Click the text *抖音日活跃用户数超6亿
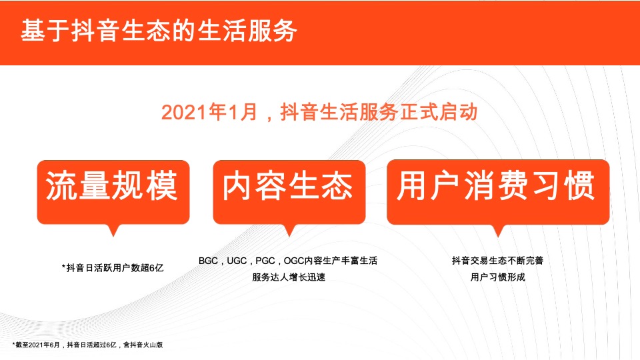point(112,268)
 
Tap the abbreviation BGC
point(209,261)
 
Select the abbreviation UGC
point(238,261)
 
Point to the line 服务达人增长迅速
point(289,277)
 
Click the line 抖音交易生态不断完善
point(497,261)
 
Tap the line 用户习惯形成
point(497,277)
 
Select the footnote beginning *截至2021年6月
point(87,345)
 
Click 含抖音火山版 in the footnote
point(143,345)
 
